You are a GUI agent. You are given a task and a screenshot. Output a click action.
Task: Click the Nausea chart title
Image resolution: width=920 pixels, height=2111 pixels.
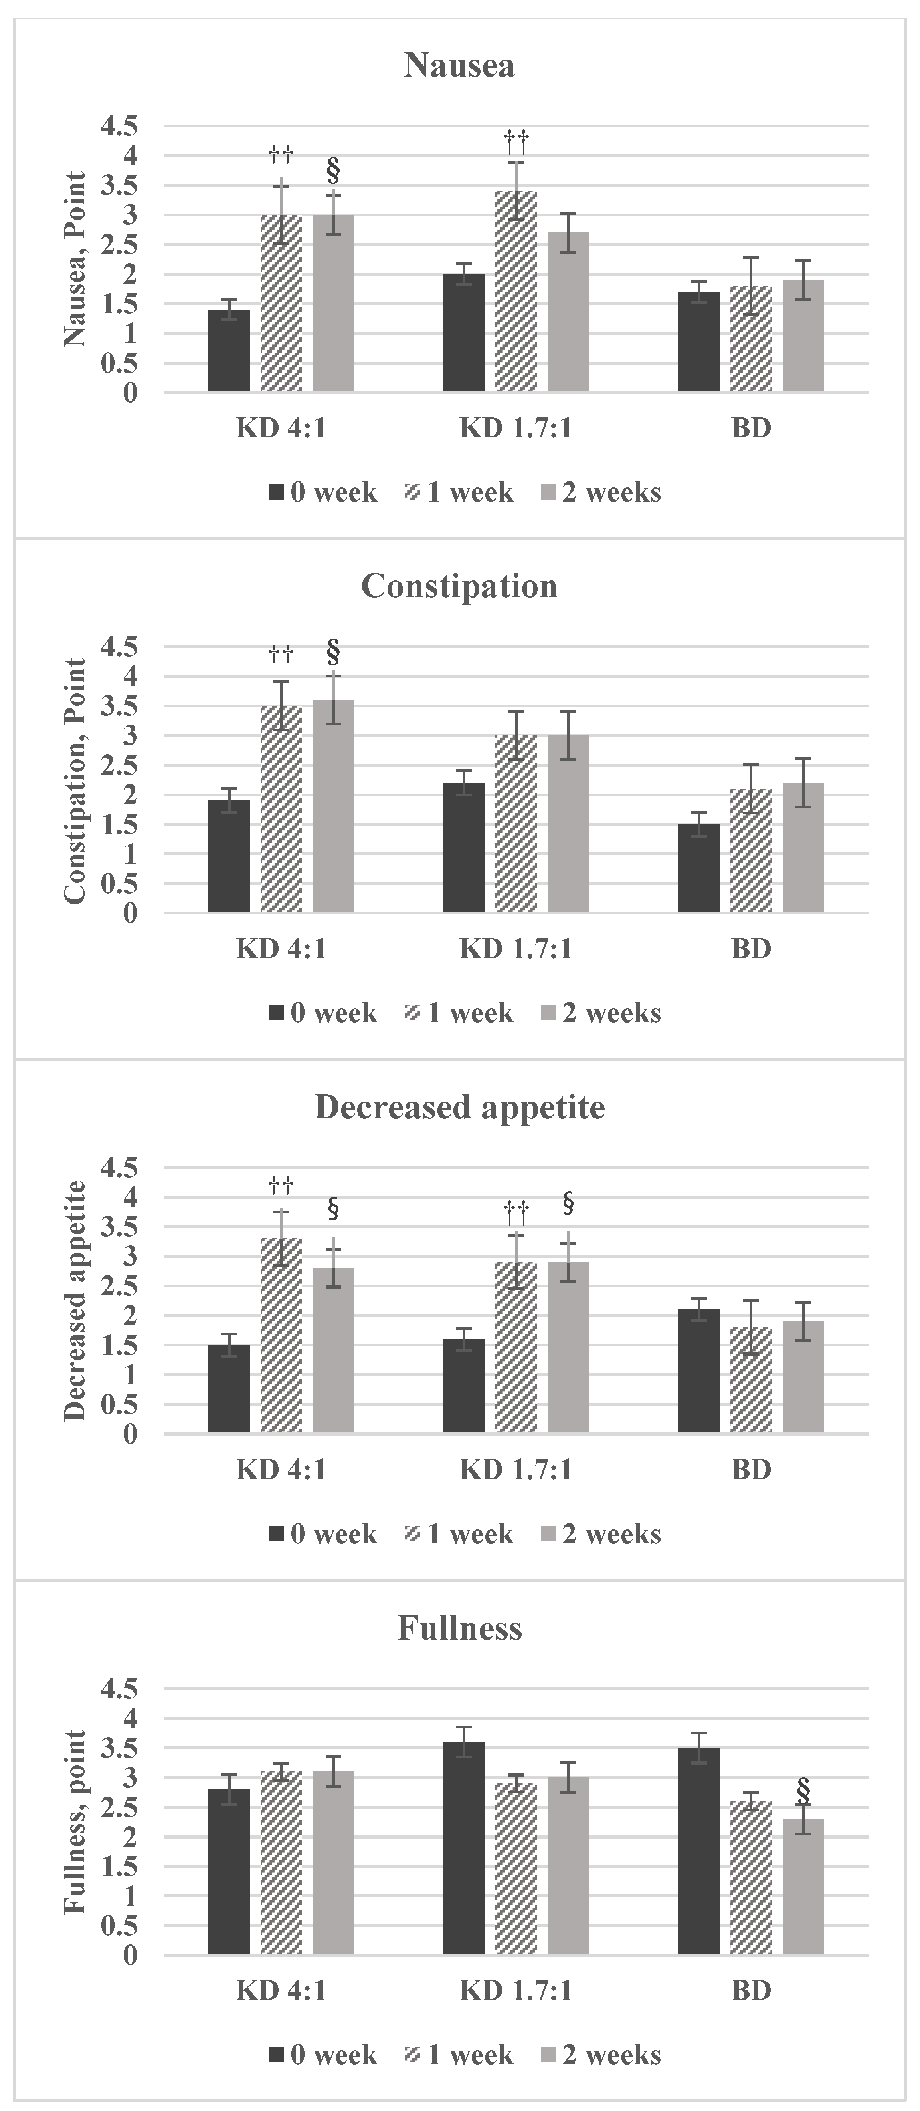(x=459, y=66)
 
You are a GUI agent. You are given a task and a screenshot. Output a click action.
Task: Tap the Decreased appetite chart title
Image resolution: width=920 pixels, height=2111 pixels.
(x=459, y=1107)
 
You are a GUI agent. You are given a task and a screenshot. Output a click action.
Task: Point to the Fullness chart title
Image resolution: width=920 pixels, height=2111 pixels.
(x=459, y=1628)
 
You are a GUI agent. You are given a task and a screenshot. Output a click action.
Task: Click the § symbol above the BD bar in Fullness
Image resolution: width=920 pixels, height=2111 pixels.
(x=803, y=1791)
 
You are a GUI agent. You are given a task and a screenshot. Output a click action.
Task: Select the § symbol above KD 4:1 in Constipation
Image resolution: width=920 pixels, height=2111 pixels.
(x=333, y=652)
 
